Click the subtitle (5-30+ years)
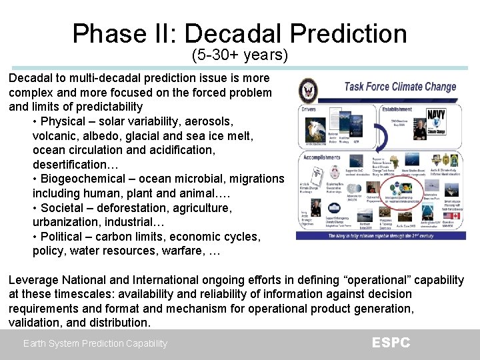pos(239,55)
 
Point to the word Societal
pos(62,208)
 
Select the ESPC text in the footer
pos(391,343)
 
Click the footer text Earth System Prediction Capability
pos(95,343)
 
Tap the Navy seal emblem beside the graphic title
pos(308,89)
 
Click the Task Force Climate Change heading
pos(400,87)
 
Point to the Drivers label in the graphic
pos(309,109)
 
